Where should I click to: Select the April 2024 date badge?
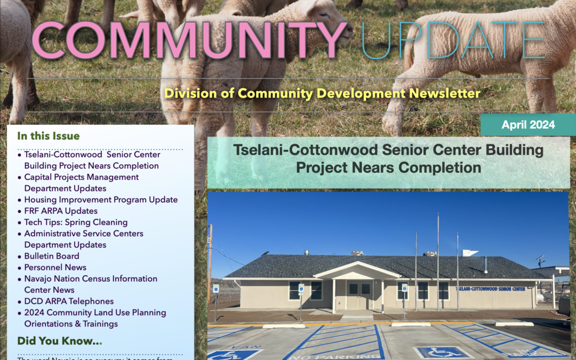click(x=528, y=125)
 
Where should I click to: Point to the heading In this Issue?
click(x=48, y=136)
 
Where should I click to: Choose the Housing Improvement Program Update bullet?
click(x=101, y=199)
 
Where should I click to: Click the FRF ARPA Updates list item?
click(x=60, y=211)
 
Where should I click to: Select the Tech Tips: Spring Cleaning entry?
click(x=76, y=222)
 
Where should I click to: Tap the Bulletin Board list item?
click(x=52, y=256)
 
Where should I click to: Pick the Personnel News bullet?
click(x=55, y=267)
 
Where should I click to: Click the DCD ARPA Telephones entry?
click(x=69, y=301)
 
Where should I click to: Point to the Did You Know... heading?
click(x=60, y=341)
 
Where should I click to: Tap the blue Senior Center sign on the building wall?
click(x=491, y=289)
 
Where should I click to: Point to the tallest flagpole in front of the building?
click(x=438, y=261)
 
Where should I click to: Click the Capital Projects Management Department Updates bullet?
click(x=81, y=182)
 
